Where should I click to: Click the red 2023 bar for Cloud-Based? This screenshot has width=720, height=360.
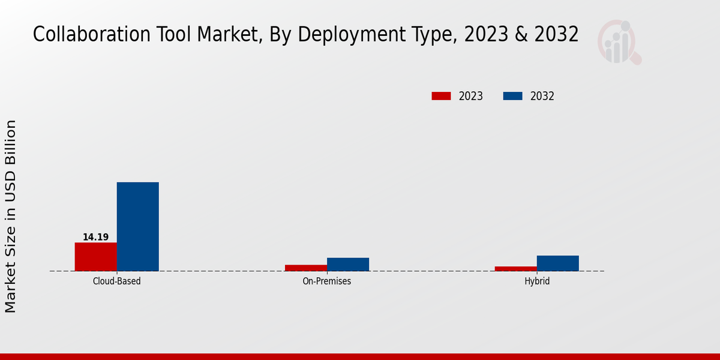(95, 257)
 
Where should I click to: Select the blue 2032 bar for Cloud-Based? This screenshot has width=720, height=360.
(137, 227)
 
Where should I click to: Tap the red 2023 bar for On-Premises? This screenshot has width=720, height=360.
(306, 268)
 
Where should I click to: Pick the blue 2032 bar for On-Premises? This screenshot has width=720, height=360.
(348, 265)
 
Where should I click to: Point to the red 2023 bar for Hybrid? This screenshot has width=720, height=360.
(515, 269)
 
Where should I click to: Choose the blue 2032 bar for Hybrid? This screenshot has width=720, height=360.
(557, 263)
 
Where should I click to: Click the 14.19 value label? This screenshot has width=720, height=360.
(95, 237)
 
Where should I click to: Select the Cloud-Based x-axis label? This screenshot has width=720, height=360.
(117, 281)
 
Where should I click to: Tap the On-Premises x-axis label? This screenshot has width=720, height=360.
(327, 281)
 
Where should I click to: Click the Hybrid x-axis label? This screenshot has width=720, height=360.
(537, 281)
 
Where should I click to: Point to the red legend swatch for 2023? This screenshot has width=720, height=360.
(441, 96)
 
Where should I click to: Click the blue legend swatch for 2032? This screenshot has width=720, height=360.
(512, 96)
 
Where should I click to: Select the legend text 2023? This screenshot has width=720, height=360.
(471, 96)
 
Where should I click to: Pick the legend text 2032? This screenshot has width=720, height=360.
(542, 96)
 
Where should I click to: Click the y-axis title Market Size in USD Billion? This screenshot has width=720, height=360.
(11, 216)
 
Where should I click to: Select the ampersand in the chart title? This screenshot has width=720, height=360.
(520, 35)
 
